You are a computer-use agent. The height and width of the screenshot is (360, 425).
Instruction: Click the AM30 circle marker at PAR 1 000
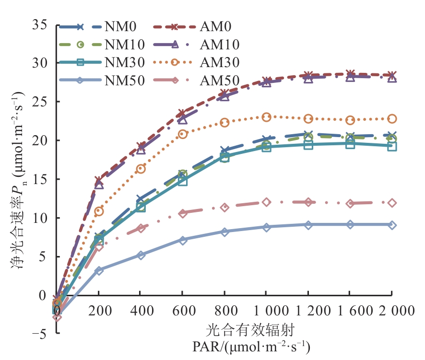[267, 117]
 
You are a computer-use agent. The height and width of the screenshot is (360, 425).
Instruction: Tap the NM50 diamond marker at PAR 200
[99, 270]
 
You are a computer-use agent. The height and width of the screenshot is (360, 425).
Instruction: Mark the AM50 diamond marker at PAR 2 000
[392, 203]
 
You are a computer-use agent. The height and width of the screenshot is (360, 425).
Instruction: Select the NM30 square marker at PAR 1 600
[350, 143]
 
